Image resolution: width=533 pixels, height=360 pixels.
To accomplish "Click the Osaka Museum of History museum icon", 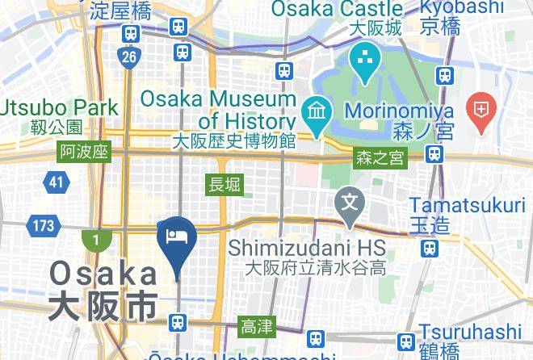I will pos(313,110).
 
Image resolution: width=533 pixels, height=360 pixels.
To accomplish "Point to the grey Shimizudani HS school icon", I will pos(350,198).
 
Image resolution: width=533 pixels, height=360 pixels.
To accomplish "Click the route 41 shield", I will pos(55,182).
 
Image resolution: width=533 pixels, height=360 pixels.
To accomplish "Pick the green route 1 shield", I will pos(95,240).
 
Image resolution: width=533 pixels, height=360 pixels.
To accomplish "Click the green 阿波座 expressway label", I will pos(83,152).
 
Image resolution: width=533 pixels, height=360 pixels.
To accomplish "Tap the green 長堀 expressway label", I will pos(225,185).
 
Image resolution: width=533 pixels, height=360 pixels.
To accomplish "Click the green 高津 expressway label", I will pos(257,327).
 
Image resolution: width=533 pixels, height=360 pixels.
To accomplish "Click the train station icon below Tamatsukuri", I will pos(432,246).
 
